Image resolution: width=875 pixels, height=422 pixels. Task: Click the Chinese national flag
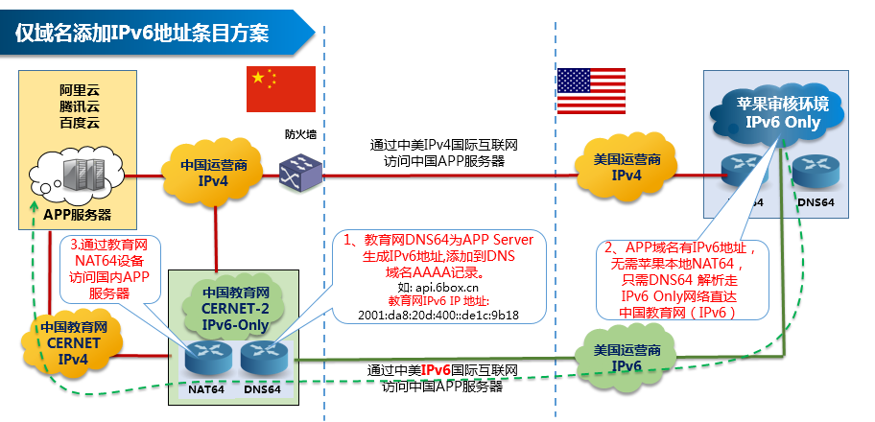pos(281,89)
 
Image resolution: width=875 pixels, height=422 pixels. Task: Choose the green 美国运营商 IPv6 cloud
pos(626,358)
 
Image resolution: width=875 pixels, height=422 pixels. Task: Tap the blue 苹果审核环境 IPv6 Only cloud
pos(783,113)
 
